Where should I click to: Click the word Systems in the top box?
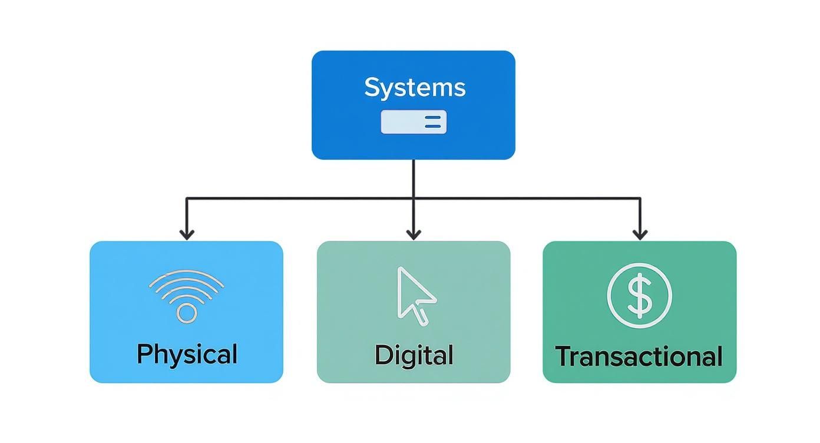[x=415, y=88]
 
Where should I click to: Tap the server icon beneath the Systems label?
[x=414, y=122]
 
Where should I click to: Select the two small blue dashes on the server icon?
[x=432, y=122]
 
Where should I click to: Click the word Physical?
[x=187, y=355]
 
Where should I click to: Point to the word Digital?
[x=414, y=355]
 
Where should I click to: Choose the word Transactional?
[x=639, y=356]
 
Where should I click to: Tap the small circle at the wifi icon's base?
[x=187, y=313]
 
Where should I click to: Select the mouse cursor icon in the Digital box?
[x=416, y=295]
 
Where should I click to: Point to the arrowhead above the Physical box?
[x=187, y=234]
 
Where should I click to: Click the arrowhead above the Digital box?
[x=414, y=234]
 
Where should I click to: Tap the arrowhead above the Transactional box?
[x=640, y=234]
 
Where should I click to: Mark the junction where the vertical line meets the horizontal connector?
[x=414, y=199]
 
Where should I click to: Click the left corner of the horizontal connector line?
[x=187, y=199]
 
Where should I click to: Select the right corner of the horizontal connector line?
[x=640, y=199]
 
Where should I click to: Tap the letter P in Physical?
[x=144, y=354]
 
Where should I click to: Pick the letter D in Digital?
[x=383, y=355]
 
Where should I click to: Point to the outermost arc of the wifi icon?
[x=187, y=273]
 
